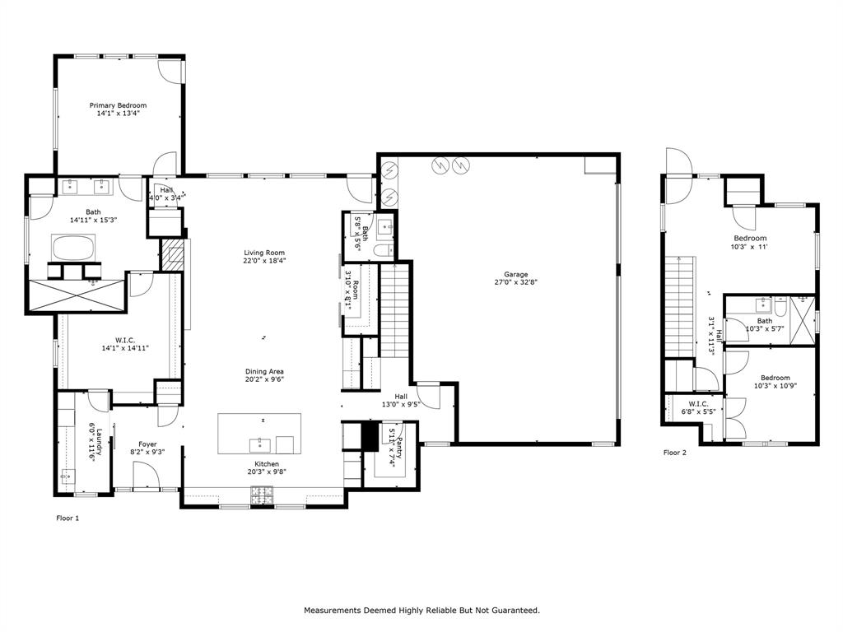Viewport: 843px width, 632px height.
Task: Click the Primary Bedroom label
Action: point(118,105)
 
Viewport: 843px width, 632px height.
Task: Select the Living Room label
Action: point(263,253)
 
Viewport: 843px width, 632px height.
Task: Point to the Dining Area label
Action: point(263,371)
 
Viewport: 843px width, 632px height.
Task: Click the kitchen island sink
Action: point(259,445)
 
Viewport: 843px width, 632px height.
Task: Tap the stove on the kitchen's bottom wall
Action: point(262,495)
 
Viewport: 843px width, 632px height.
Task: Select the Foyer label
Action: point(147,444)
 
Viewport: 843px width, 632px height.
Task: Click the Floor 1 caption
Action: point(68,518)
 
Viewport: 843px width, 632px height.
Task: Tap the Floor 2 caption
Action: point(675,453)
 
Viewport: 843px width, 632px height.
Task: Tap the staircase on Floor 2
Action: point(680,304)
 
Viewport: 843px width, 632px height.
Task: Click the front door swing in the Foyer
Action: point(146,476)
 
